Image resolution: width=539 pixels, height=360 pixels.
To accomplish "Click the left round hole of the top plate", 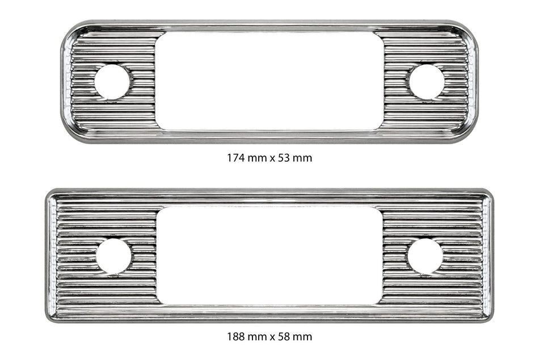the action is [112, 82].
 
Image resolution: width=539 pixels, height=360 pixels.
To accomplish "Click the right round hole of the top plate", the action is [427, 82].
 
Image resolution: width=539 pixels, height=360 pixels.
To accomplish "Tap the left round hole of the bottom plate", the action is [114, 257].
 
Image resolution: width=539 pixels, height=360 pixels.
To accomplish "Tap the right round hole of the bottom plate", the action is [425, 257].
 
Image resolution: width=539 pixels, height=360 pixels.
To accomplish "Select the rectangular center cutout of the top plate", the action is [269, 81].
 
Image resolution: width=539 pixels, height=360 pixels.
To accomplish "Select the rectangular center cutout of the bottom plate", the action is [269, 256].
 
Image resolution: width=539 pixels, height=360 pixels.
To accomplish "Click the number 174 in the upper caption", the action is [236, 158].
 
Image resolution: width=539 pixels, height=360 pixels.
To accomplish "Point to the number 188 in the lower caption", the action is [236, 336].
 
